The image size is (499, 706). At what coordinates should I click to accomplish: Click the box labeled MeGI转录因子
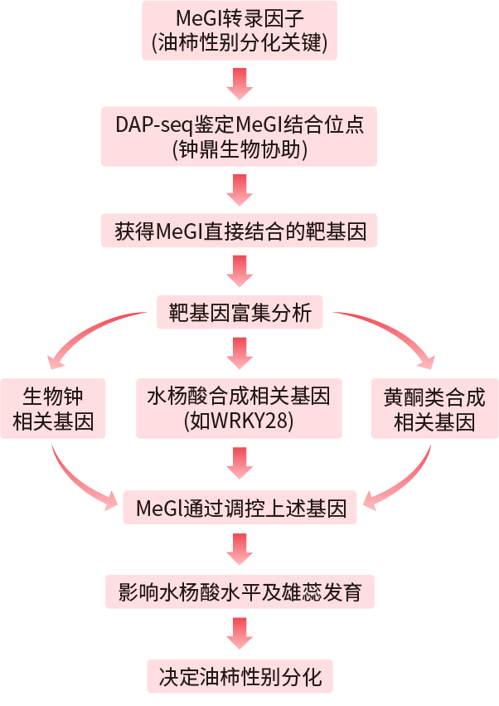[240, 30]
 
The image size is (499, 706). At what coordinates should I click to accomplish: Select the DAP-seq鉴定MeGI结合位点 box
[240, 135]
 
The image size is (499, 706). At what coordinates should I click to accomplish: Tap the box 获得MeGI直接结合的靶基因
[240, 231]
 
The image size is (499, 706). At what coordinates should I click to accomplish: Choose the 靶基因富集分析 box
[240, 313]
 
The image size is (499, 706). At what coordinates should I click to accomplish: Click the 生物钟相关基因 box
[53, 409]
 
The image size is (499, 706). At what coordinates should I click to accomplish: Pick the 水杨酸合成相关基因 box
[240, 409]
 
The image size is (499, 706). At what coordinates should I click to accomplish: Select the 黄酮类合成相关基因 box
[434, 409]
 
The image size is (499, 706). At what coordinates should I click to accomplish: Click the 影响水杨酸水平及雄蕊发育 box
[240, 592]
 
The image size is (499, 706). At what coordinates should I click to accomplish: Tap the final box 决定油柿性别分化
[240, 675]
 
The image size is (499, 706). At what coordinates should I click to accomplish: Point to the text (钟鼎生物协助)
[240, 149]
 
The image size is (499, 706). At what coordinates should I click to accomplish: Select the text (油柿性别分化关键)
[240, 44]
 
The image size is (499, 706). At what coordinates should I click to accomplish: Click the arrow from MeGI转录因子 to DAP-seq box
[240, 82]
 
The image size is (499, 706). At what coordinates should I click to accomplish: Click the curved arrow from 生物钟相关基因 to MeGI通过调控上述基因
[79, 481]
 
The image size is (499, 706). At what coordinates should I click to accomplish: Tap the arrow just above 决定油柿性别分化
[240, 634]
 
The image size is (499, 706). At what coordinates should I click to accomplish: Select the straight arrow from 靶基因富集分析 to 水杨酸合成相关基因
[240, 353]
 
